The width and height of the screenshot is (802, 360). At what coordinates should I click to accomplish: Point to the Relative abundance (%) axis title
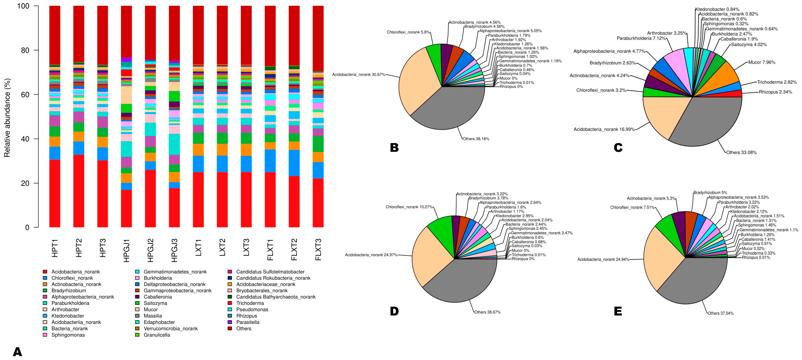tap(7, 118)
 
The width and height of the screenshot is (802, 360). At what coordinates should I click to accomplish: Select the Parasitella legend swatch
tap(230, 322)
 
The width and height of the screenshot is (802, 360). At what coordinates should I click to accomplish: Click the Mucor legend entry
tap(151, 310)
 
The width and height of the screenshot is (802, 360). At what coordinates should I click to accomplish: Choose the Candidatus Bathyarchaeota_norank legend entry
tap(276, 297)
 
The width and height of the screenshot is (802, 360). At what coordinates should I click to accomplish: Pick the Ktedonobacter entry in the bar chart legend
tap(68, 316)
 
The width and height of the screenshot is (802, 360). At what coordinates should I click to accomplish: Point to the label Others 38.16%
tap(476, 139)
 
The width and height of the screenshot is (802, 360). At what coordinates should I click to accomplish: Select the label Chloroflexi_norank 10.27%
tap(409, 207)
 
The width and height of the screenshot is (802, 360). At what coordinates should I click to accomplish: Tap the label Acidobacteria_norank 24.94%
tap(603, 259)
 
